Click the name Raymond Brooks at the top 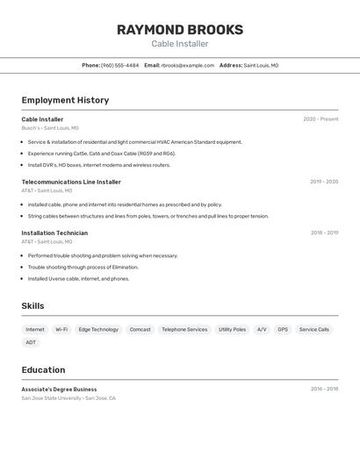click(x=179, y=30)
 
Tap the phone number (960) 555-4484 click(x=119, y=65)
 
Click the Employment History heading click(x=65, y=100)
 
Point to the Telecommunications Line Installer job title click(x=71, y=182)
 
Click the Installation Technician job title click(x=54, y=232)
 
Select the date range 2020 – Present click(x=320, y=119)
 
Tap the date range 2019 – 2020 click(x=324, y=182)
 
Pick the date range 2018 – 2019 click(x=324, y=232)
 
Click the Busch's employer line click(x=50, y=128)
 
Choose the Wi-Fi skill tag click(x=61, y=329)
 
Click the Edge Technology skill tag click(x=98, y=329)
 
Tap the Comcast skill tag click(x=140, y=329)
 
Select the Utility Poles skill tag click(x=232, y=329)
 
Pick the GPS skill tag click(x=283, y=329)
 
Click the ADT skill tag click(x=31, y=342)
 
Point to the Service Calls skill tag click(x=313, y=329)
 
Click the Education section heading click(x=43, y=369)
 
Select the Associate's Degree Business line click(x=59, y=389)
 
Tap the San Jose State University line click(x=68, y=397)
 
